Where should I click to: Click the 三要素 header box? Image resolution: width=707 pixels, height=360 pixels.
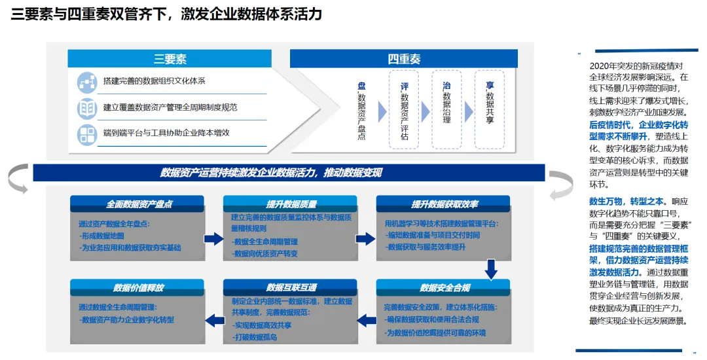tap(170, 59)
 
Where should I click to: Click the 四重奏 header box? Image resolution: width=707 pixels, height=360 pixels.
tap(404, 59)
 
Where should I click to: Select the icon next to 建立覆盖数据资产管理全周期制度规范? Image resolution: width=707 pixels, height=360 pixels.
tap(86, 107)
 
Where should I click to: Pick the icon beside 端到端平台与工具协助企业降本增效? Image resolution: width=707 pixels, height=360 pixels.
tap(86, 133)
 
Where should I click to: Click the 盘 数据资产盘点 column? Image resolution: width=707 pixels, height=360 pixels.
tap(361, 110)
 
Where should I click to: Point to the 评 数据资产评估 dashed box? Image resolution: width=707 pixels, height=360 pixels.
tap(404, 110)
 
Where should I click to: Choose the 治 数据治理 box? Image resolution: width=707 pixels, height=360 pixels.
tap(446, 110)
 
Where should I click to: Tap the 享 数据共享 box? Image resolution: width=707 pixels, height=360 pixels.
tap(490, 110)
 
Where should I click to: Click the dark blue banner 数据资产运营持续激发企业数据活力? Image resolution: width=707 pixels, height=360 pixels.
tap(289, 173)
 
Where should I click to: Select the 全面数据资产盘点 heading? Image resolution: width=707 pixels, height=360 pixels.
tap(139, 204)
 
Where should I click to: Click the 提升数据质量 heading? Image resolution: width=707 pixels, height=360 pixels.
tap(290, 204)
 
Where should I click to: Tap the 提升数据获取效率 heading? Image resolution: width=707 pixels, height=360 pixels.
tap(444, 204)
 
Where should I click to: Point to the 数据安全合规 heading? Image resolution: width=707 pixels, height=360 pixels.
tap(444, 287)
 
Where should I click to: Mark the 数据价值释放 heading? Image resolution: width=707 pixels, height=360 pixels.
tap(138, 287)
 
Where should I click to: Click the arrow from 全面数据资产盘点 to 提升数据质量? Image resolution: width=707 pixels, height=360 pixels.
tap(213, 239)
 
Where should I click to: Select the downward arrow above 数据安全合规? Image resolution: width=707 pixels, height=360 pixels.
tap(491, 268)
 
